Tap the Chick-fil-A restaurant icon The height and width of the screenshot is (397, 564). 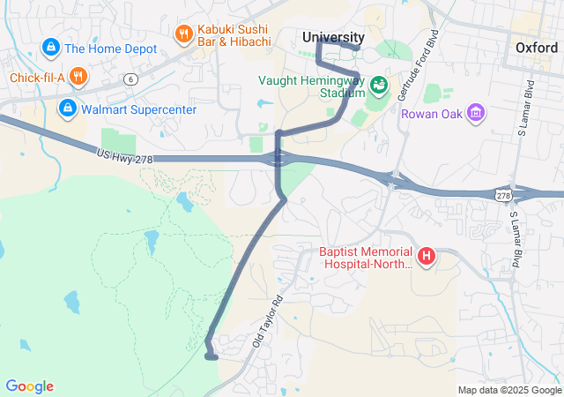click(x=78, y=77)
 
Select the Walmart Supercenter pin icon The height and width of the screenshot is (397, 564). click(x=66, y=109)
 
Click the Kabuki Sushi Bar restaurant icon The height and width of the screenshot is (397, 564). click(x=183, y=34)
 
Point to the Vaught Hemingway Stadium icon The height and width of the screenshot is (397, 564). click(x=379, y=86)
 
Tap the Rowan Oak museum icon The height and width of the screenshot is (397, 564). click(x=477, y=112)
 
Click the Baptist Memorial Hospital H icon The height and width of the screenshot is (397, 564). click(x=427, y=257)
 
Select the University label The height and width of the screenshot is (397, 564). click(x=332, y=37)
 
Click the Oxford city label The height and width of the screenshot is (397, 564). click(x=536, y=48)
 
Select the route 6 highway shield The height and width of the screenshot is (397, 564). click(x=130, y=79)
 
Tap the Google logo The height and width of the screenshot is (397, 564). click(x=29, y=386)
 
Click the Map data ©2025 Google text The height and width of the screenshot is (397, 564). click(x=508, y=390)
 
